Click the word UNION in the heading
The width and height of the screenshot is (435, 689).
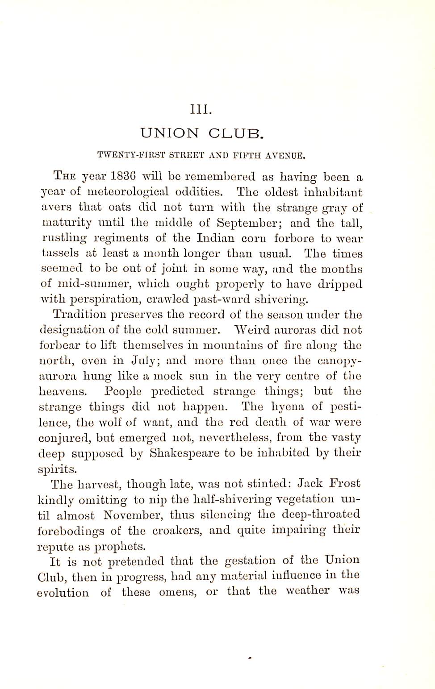tap(170, 133)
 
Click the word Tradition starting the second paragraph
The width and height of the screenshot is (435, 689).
tap(78, 315)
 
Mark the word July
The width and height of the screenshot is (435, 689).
tap(143, 361)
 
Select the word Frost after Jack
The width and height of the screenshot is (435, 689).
tap(344, 484)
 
